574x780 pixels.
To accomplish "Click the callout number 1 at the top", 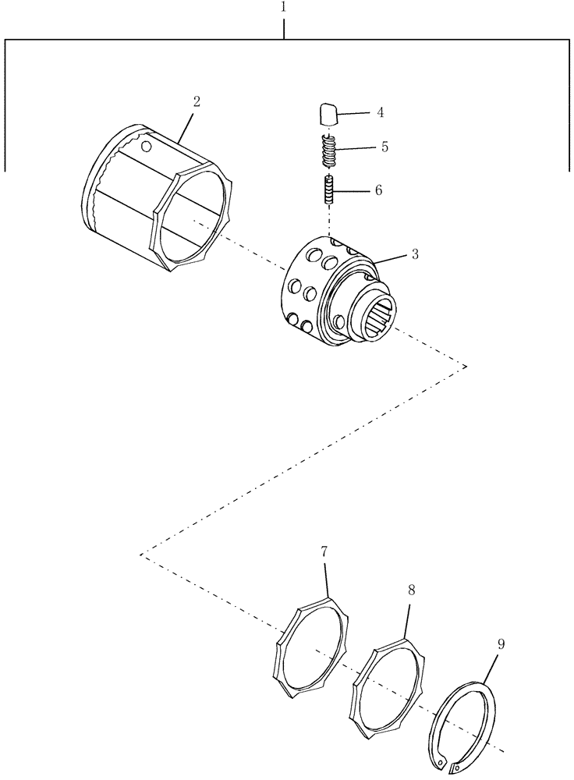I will (x=284, y=6).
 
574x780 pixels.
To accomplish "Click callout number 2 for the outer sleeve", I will (x=197, y=101).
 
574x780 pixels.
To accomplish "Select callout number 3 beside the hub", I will (x=415, y=254).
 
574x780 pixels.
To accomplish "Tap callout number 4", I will (x=380, y=112).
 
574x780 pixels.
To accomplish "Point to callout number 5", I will (x=384, y=147).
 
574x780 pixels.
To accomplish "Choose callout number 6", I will (x=378, y=190).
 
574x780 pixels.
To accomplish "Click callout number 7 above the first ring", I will (x=323, y=552).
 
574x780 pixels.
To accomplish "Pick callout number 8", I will (x=411, y=591).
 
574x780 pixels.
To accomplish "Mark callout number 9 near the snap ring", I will (x=501, y=644).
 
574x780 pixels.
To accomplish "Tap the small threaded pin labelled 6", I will (x=329, y=190).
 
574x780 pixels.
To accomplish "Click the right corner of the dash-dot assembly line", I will (x=466, y=365).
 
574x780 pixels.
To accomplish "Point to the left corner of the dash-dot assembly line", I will (x=141, y=555).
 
